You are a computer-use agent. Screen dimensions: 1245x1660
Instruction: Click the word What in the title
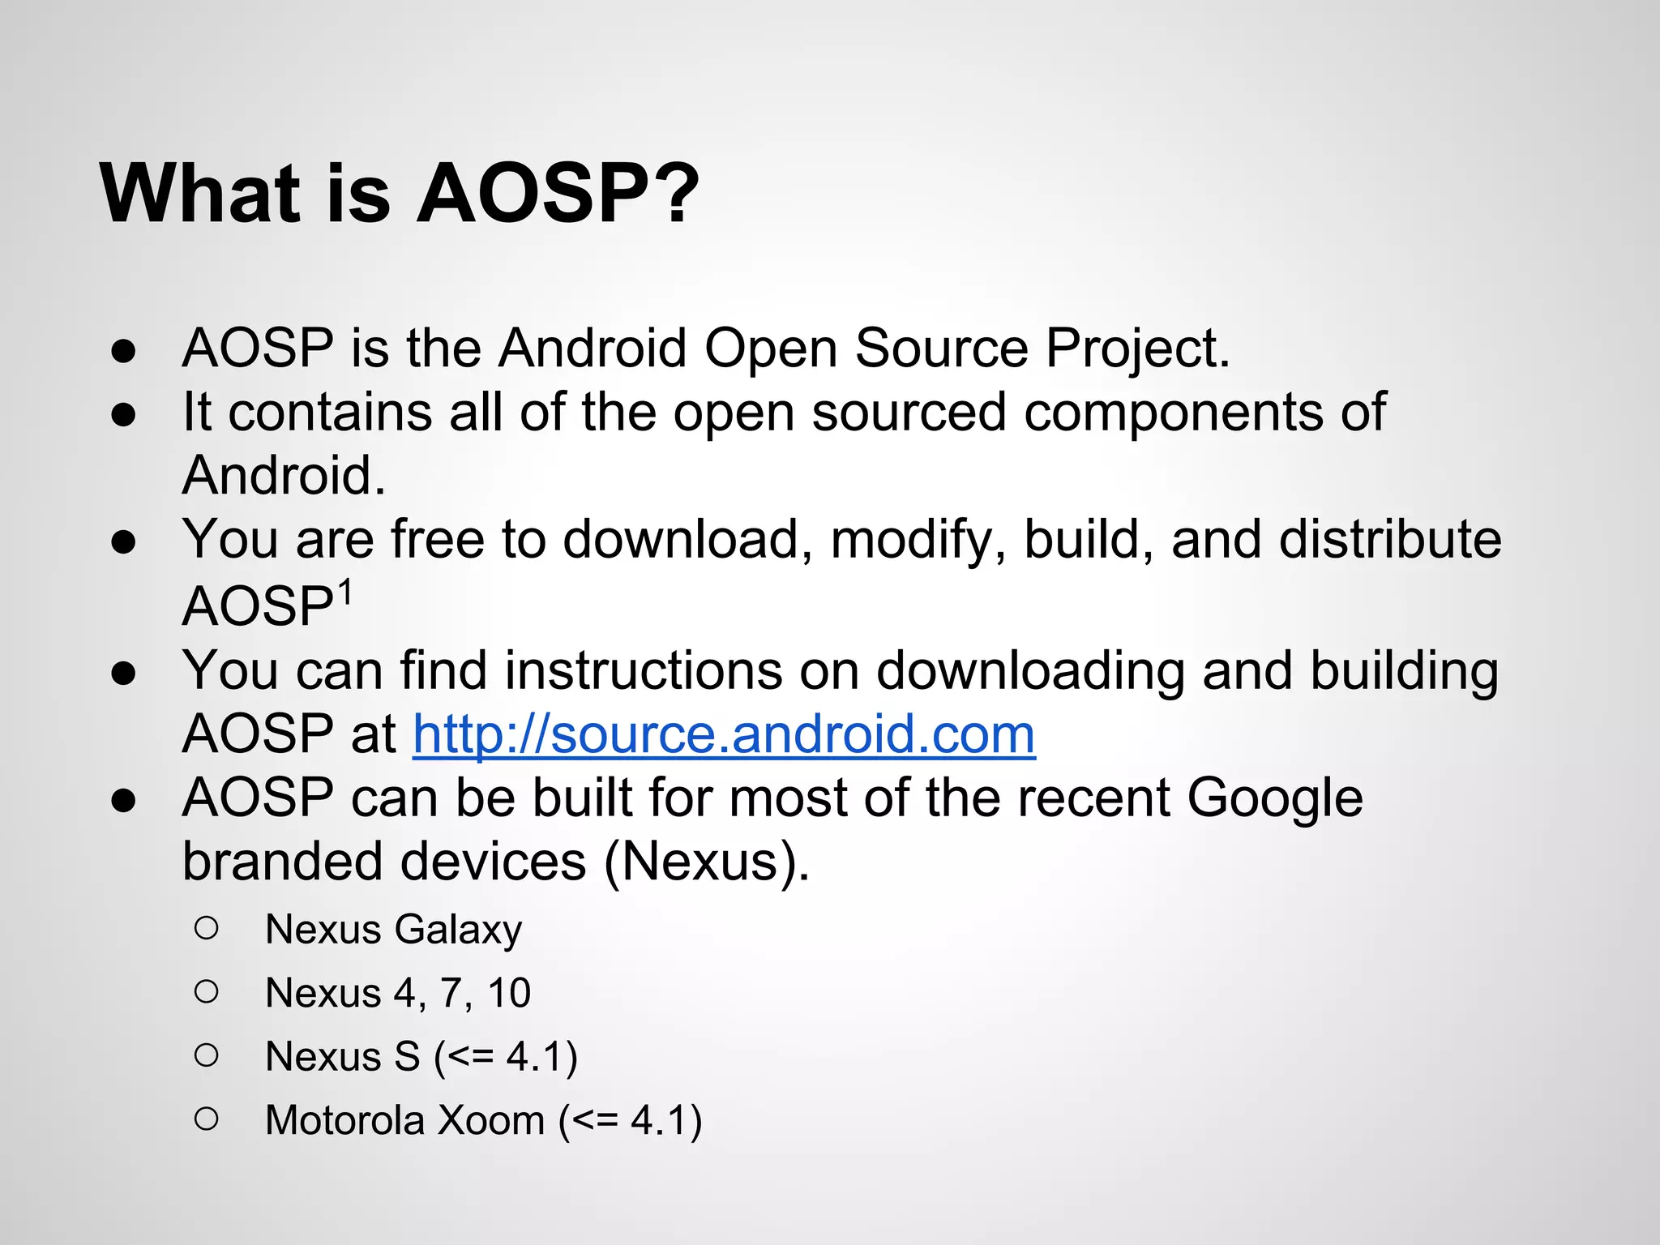coord(199,194)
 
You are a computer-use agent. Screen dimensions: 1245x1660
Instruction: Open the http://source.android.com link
coord(724,734)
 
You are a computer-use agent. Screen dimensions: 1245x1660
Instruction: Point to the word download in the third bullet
coord(679,540)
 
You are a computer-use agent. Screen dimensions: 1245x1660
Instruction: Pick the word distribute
coord(1390,540)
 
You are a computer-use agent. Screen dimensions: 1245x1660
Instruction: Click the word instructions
coord(644,671)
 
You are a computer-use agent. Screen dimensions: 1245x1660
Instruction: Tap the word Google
coord(1275,799)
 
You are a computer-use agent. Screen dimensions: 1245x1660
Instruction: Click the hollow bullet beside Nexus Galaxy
coord(207,928)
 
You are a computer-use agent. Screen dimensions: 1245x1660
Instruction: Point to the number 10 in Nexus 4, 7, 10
coord(509,993)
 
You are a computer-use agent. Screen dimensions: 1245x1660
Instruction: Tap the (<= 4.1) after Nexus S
coord(506,1057)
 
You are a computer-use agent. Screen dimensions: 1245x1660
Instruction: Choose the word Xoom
coord(490,1121)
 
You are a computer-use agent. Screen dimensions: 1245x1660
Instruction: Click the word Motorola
coord(345,1121)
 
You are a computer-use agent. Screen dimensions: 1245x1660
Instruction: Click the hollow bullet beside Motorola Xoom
coord(207,1119)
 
